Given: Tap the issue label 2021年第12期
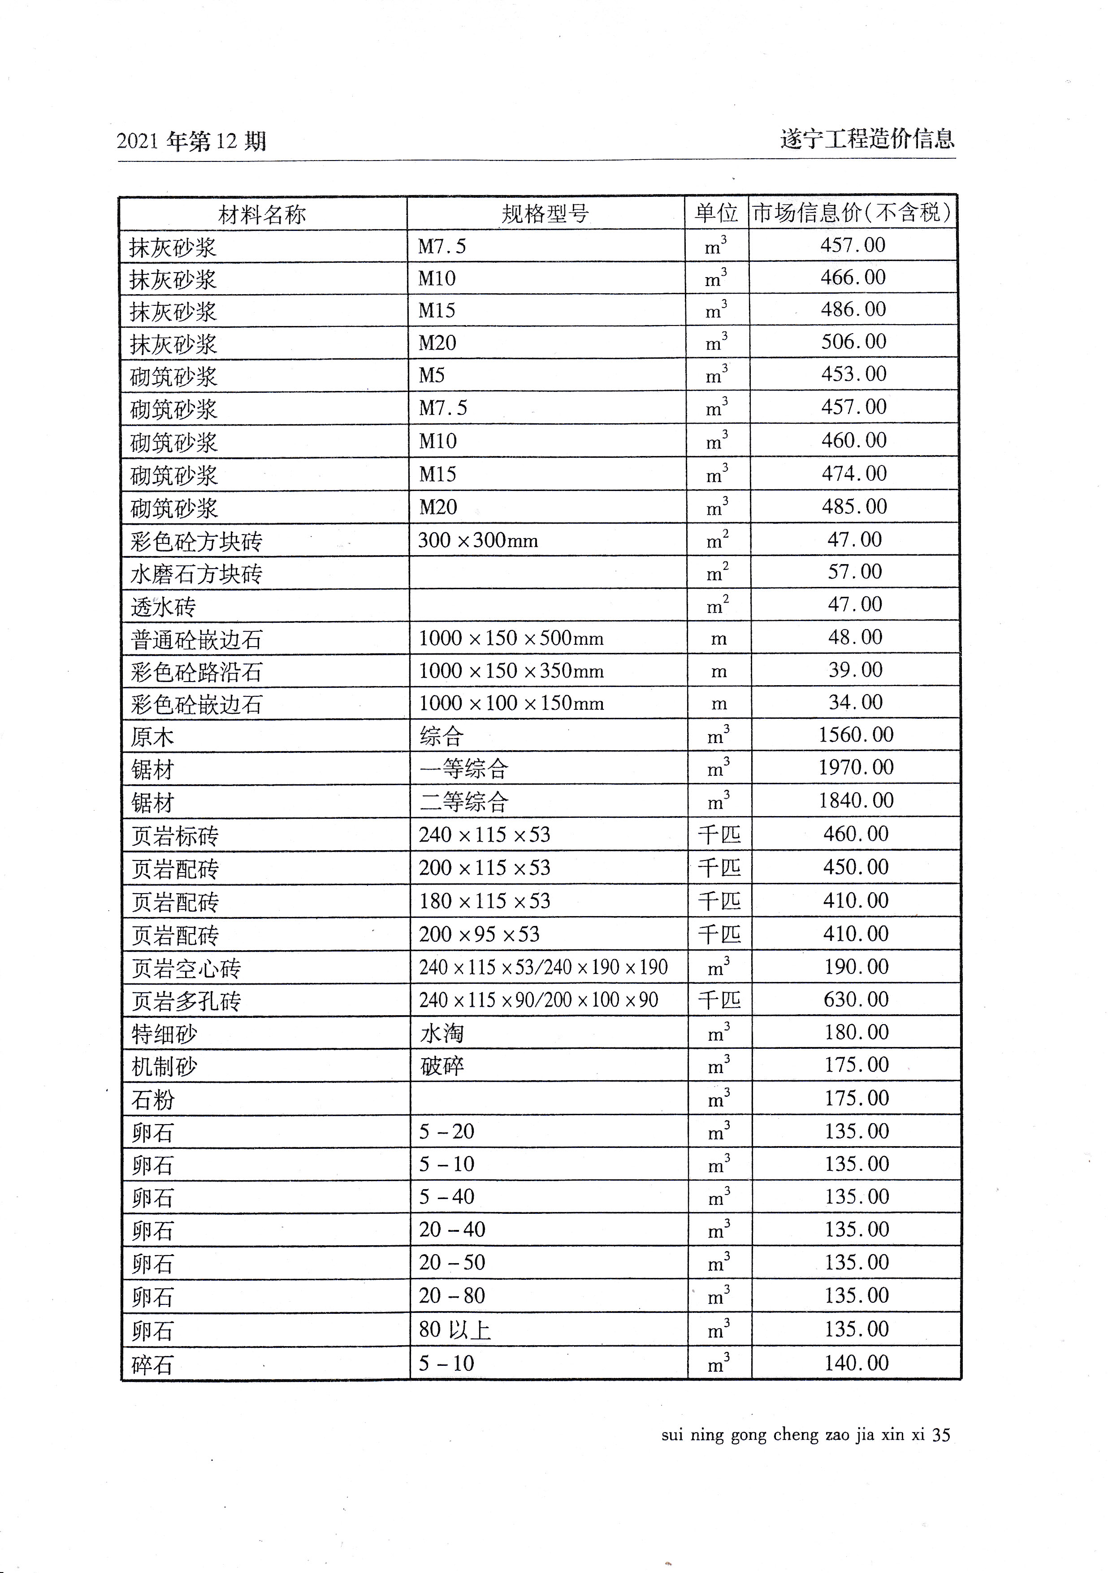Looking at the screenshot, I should point(191,142).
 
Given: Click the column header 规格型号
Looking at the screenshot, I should point(545,214).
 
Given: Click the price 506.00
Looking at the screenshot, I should point(853,341).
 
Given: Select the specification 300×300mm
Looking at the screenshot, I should point(478,540).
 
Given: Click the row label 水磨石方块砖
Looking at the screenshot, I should point(196,574).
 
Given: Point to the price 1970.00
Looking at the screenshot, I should point(856,767).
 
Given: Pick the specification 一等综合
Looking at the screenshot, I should point(463,769).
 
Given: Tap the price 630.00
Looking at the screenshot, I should point(856,999).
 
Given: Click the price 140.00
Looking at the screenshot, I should point(856,1363).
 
